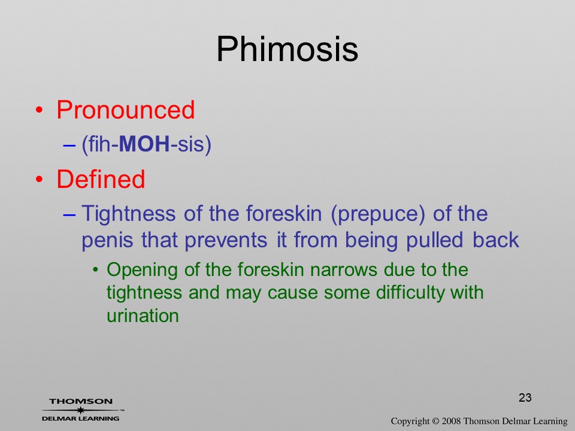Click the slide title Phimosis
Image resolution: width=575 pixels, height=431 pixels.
tap(287, 50)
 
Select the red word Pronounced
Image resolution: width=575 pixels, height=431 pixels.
tap(125, 110)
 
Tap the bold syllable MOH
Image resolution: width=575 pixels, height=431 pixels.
tap(144, 144)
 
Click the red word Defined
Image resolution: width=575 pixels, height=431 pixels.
tap(101, 179)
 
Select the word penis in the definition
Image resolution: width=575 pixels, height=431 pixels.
tap(107, 241)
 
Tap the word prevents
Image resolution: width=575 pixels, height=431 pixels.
tap(226, 241)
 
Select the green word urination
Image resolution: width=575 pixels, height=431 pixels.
tap(143, 315)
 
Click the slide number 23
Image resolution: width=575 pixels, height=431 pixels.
tap(525, 397)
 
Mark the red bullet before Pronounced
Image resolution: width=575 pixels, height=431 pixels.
tap(39, 110)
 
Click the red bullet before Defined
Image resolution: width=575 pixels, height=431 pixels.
tap(39, 179)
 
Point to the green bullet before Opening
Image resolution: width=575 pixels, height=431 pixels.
tap(96, 270)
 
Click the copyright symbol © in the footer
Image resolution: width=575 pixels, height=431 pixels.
tap(435, 421)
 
